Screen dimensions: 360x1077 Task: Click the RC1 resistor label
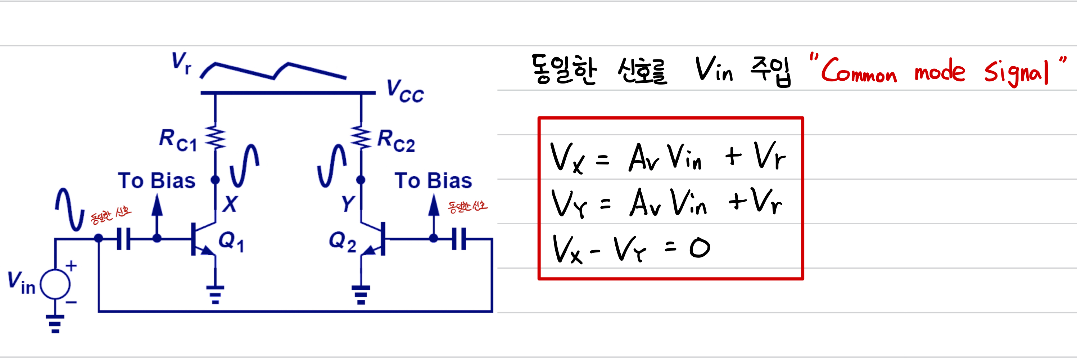coord(178,140)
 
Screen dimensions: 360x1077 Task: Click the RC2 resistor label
coord(395,141)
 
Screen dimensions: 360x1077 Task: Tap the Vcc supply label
coord(404,91)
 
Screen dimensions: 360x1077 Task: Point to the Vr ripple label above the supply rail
coord(181,63)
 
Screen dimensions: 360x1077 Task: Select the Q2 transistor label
coord(343,242)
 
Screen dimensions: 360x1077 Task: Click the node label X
coord(230,204)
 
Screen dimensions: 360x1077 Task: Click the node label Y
coord(348,204)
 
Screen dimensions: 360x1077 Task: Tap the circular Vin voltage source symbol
coord(55,284)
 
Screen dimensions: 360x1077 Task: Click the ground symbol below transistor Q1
coord(215,294)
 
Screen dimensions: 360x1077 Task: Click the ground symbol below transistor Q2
coord(361,294)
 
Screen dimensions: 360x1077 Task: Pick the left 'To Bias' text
coord(157,181)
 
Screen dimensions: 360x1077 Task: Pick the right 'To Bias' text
coord(433,181)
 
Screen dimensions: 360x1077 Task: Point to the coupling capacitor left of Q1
coord(124,239)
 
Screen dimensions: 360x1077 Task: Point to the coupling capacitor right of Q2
coord(459,239)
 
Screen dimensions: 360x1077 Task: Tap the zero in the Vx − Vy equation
coord(700,248)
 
